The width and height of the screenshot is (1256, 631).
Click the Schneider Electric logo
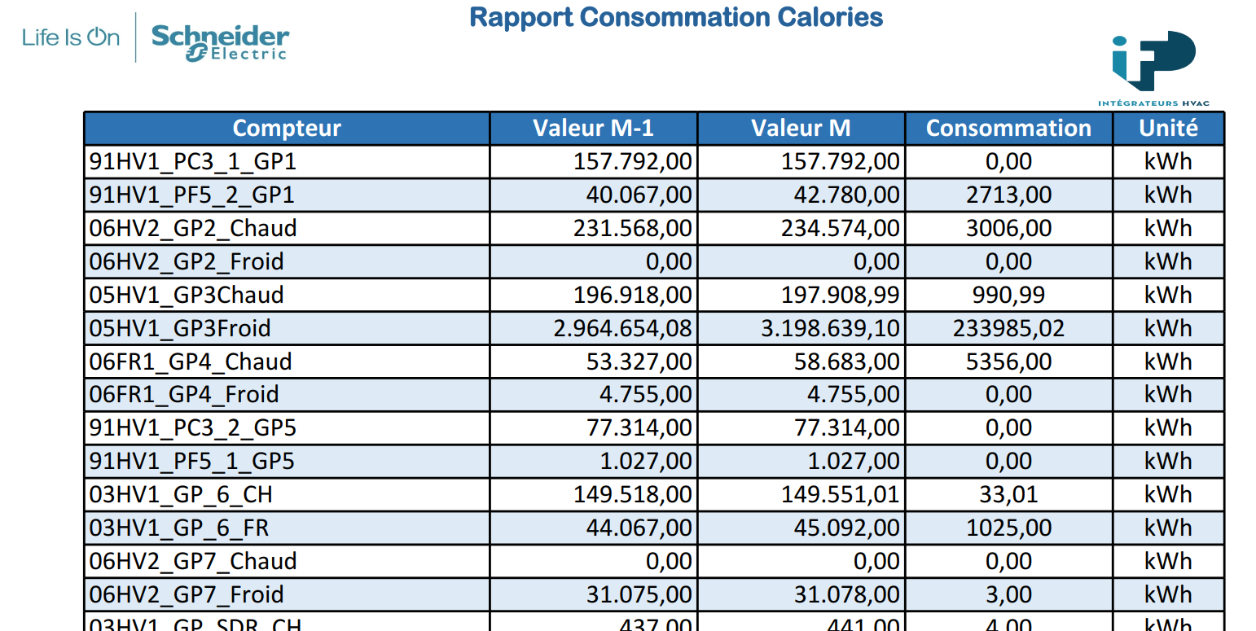[221, 42]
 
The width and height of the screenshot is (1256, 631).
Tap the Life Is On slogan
[71, 37]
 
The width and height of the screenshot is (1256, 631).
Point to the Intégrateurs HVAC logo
[1153, 68]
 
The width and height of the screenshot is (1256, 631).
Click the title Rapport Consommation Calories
[676, 17]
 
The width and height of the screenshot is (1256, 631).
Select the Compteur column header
[287, 129]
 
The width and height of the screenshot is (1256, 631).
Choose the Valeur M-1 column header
[593, 129]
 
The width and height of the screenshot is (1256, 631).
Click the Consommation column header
[1008, 129]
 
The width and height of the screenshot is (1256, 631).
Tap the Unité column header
[1169, 129]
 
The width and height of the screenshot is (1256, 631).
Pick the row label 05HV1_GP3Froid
[180, 328]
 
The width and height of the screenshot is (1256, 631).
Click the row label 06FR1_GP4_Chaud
[191, 362]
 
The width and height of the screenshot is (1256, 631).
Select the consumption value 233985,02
[1008, 328]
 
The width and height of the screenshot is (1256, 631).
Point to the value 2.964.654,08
[622, 328]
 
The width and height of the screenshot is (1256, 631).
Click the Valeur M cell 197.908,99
[840, 296]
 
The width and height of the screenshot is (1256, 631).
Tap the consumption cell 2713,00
[1008, 195]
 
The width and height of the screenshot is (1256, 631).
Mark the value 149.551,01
[840, 495]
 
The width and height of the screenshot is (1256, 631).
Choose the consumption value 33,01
[1008, 495]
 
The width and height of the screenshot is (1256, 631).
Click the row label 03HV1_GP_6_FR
[179, 528]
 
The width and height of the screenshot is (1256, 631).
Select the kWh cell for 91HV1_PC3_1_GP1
[1168, 162]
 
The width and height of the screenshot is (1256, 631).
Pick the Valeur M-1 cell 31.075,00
[639, 594]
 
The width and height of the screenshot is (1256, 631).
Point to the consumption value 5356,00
[1008, 362]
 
